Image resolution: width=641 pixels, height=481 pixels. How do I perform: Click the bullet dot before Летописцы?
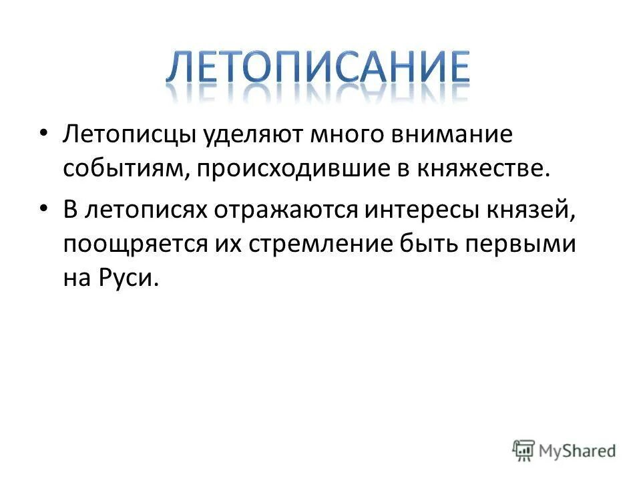pyautogui.click(x=43, y=135)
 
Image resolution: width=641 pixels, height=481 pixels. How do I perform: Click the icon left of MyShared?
pyautogui.click(x=524, y=450)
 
